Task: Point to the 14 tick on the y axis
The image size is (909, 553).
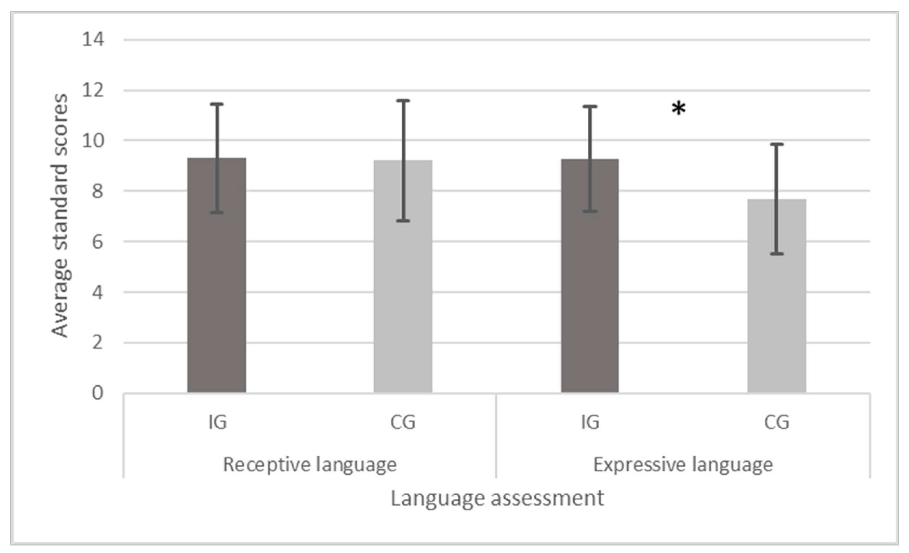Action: [x=93, y=39]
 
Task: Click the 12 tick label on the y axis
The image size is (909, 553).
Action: [x=93, y=90]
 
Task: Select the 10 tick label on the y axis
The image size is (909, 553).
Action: [x=93, y=140]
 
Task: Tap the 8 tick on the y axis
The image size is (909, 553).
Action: [x=97, y=191]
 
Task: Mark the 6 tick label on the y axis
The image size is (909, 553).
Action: [x=97, y=242]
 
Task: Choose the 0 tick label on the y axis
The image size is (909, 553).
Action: [x=97, y=393]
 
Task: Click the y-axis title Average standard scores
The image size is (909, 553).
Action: [x=60, y=216]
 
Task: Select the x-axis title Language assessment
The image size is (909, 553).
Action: [x=497, y=499]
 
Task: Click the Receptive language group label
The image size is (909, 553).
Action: [x=309, y=465]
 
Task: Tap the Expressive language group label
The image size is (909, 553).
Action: [x=683, y=465]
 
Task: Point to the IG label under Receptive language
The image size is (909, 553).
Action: [x=217, y=422]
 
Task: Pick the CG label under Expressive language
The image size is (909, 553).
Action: [x=777, y=422]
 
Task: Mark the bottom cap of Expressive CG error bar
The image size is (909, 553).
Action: [x=777, y=254]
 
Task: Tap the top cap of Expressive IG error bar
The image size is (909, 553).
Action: [x=590, y=107]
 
